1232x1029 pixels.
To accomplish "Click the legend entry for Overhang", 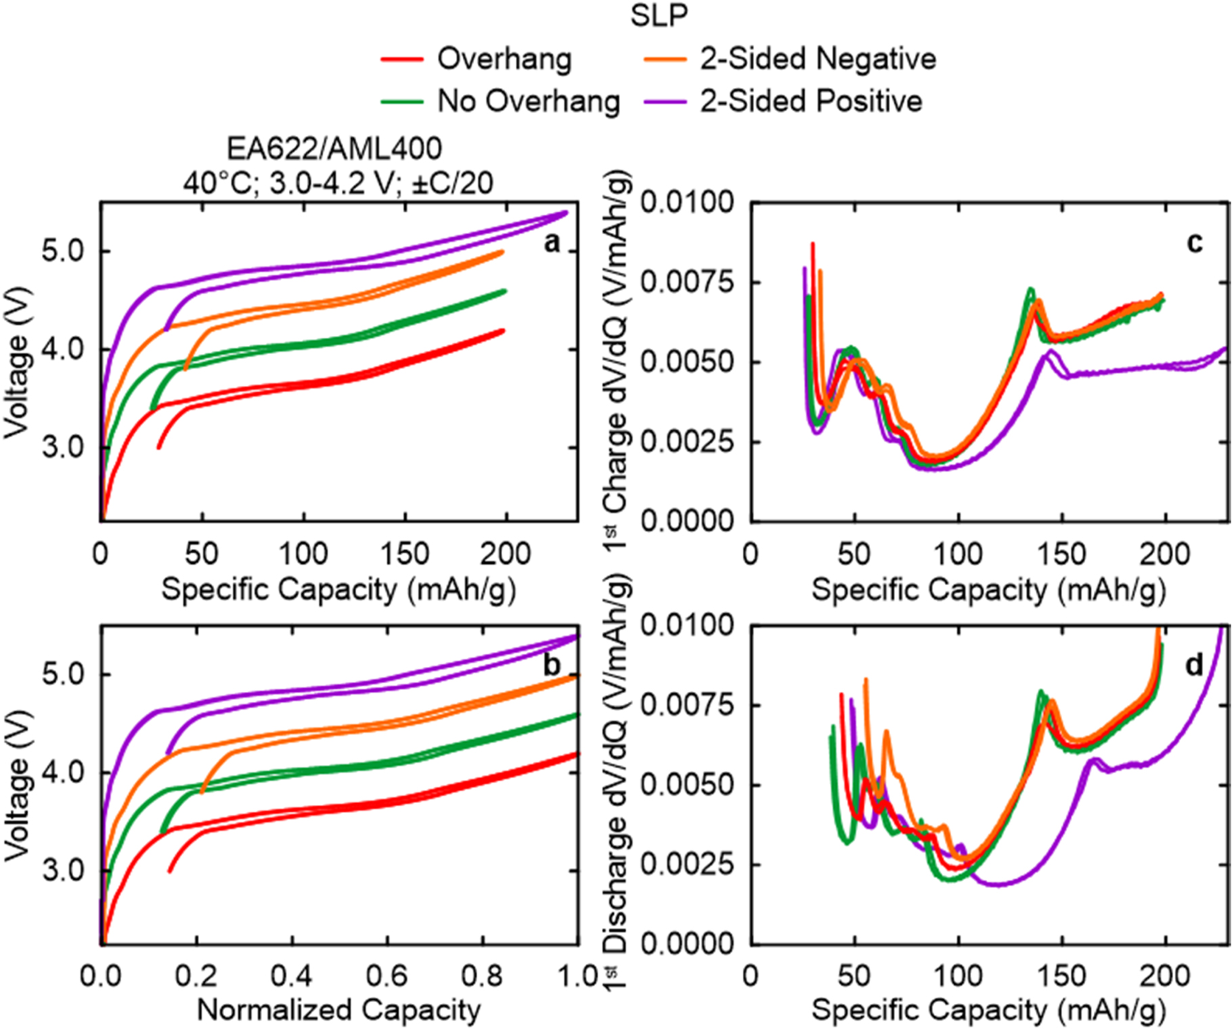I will click(504, 59).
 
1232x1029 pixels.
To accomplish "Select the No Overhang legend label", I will click(528, 102).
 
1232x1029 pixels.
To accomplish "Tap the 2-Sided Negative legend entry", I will click(818, 59).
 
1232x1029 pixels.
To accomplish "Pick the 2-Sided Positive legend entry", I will click(811, 102).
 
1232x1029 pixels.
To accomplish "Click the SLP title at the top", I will click(659, 16).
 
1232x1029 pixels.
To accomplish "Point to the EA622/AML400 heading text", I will click(334, 149).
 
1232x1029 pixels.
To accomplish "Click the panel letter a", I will click(552, 242).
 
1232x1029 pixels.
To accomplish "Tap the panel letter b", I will click(552, 665).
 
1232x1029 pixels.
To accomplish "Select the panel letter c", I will click(1195, 242).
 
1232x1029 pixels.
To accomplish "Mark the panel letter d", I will click(1194, 665).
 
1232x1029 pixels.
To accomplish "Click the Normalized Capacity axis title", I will click(338, 1010).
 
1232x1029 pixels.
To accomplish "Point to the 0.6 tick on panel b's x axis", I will click(387, 976).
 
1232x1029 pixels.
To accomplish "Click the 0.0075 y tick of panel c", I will click(687, 282).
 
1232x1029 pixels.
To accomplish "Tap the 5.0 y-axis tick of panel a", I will click(62, 252).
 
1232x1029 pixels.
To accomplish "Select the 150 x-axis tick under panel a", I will click(404, 554).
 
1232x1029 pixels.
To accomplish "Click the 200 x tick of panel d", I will click(1164, 976).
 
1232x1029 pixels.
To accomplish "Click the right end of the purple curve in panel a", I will click(565, 212).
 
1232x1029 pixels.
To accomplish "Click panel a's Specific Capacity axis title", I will click(338, 590).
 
